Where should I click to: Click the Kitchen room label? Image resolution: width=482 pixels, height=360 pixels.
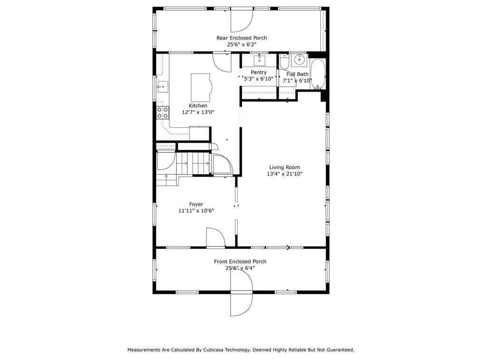[198, 105]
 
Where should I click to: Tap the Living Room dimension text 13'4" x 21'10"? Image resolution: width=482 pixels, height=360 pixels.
[285, 174]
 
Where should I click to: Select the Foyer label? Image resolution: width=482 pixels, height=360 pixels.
[196, 204]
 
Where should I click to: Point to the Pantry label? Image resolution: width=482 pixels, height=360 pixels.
[259, 72]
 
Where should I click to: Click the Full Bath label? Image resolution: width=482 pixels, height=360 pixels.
[297, 74]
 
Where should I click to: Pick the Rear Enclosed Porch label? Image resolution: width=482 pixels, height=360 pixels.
[241, 38]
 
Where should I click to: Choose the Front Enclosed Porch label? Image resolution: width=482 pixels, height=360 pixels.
[240, 261]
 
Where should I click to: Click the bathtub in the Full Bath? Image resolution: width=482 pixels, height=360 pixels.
[318, 74]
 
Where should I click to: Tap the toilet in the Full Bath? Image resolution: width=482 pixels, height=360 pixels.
[284, 61]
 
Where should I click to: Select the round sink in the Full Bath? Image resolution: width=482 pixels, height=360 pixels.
[299, 60]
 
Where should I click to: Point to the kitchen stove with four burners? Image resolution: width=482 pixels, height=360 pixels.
[163, 113]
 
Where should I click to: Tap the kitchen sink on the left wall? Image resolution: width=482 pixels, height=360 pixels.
[163, 87]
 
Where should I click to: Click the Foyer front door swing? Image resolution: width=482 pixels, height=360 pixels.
[216, 237]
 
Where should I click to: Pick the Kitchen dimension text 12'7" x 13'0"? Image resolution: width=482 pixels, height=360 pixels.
[198, 113]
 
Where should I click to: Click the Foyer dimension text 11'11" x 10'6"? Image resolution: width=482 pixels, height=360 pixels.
[196, 211]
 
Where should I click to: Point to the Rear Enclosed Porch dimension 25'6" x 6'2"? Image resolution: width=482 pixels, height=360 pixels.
[241, 45]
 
